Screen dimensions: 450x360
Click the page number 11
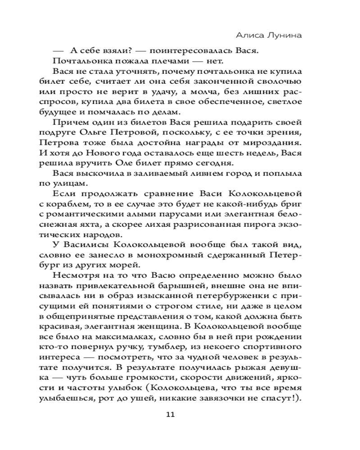click(x=170, y=414)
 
